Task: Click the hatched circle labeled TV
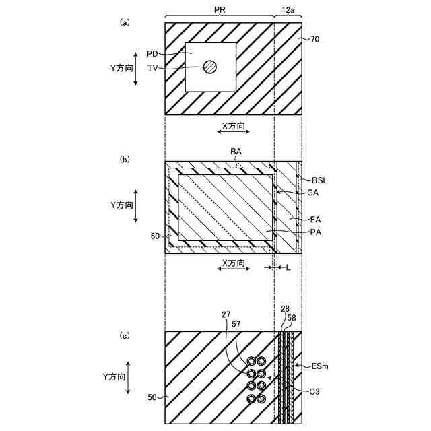point(210,67)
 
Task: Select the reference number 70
point(315,40)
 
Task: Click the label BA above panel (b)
point(236,152)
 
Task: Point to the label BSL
point(321,180)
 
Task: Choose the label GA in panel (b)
point(312,192)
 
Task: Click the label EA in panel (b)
point(314,218)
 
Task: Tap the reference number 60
point(155,236)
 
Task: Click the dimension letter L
point(288,268)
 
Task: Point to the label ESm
point(321,367)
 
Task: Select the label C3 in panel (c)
point(314,391)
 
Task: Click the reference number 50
point(153,398)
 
